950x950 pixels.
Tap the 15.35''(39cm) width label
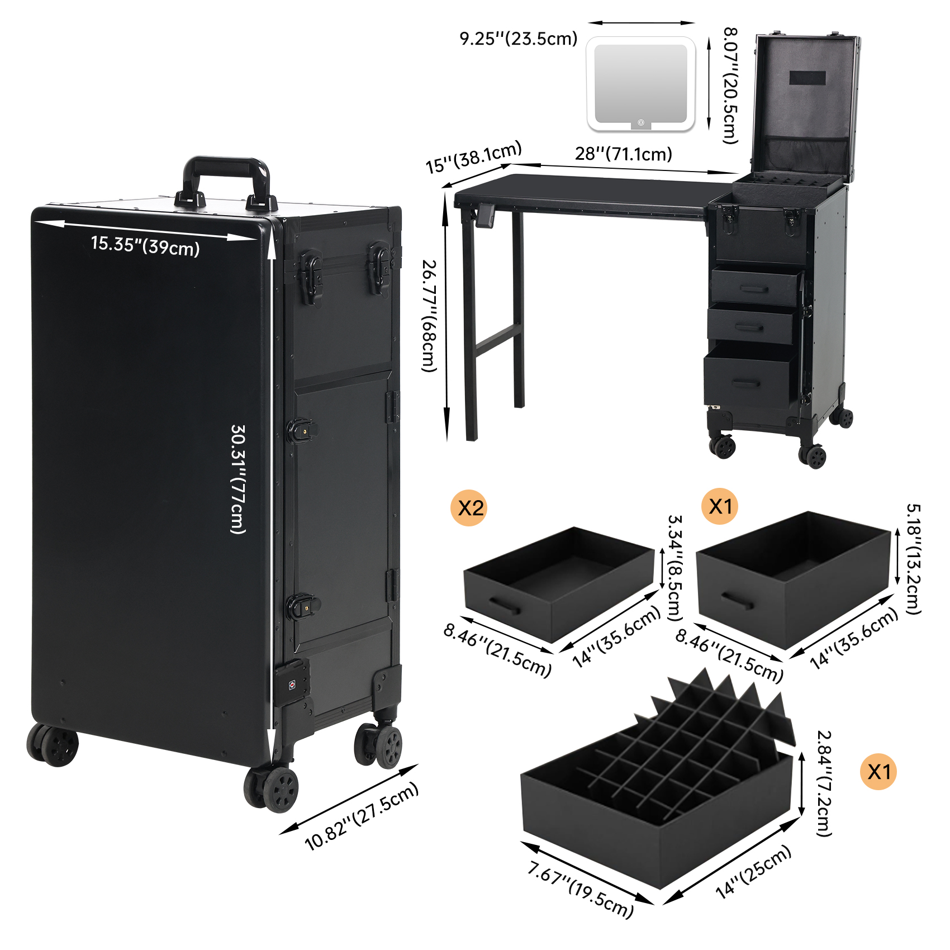click(145, 245)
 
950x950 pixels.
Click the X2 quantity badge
click(469, 508)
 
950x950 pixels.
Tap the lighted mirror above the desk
click(640, 84)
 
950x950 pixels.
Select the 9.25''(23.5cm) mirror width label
click(519, 39)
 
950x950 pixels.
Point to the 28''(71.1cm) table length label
click(624, 154)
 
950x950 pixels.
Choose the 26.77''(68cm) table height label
click(429, 316)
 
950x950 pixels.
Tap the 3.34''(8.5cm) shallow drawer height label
click(676, 568)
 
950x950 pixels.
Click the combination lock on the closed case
click(291, 683)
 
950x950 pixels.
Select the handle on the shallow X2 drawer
click(505, 605)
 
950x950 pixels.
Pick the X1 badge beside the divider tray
click(878, 772)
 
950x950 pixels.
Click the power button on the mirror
click(641, 122)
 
